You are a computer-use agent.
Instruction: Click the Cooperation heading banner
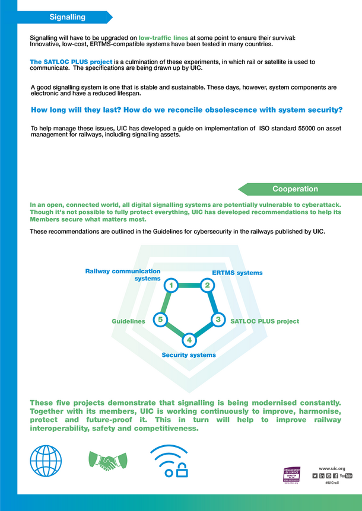pyautogui.click(x=295, y=189)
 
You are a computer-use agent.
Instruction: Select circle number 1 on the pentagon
pyautogui.click(x=171, y=286)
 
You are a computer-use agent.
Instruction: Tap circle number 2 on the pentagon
pyautogui.click(x=207, y=285)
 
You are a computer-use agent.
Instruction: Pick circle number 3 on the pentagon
pyautogui.click(x=218, y=320)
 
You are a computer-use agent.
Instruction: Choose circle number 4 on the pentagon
pyautogui.click(x=189, y=340)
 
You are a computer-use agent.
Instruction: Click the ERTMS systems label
pyautogui.click(x=237, y=273)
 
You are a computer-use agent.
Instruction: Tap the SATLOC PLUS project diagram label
pyautogui.click(x=265, y=321)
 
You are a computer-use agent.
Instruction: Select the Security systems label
pyautogui.click(x=189, y=354)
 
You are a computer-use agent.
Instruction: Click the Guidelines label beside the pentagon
pyautogui.click(x=129, y=321)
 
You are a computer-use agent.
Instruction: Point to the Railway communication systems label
pyautogui.click(x=123, y=274)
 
